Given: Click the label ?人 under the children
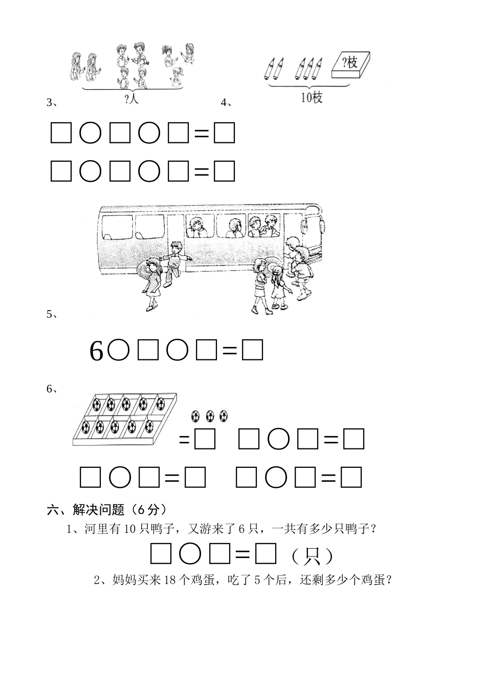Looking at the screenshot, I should pos(131,99).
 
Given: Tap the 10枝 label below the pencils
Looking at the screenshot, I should pos(311,97).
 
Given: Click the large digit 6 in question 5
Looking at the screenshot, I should pos(96,351).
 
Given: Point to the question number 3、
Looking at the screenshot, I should pos(52,102).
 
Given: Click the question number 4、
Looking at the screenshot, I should pos(226,102).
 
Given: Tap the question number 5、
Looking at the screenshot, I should pos(52,314).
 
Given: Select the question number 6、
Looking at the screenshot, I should pos(52,389).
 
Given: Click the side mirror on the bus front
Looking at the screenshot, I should pos(322,226).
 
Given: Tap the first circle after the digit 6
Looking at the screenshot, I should pos(118,351).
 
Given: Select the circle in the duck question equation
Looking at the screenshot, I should pos(190,554).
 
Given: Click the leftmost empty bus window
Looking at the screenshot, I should pos(117,227).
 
